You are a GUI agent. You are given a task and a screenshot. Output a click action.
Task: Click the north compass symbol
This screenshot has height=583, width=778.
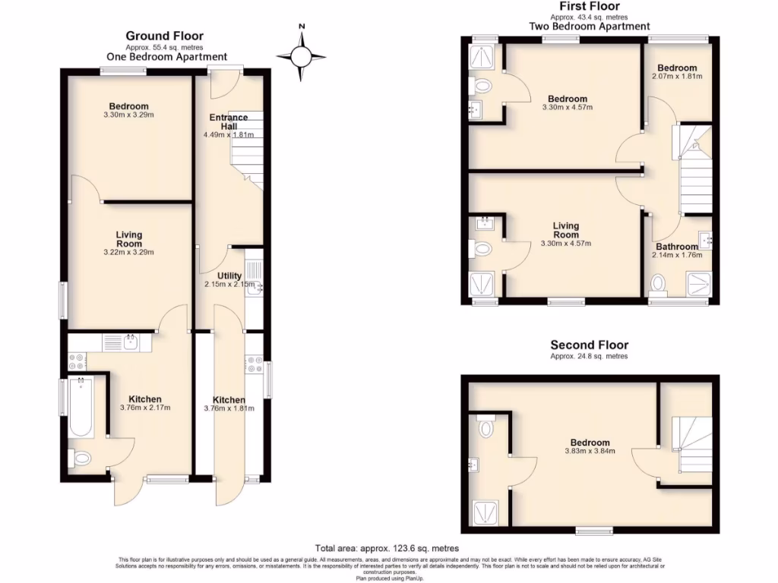302,55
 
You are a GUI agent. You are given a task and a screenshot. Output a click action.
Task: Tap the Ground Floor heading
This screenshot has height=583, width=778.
164,36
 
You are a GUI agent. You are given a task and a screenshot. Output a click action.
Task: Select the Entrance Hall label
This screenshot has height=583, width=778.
228,121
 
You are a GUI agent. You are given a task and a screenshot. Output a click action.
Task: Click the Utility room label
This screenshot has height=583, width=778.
229,276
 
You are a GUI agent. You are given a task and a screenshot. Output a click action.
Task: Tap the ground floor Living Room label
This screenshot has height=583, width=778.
129,239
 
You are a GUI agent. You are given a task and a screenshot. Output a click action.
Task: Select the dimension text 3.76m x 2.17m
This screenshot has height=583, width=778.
144,408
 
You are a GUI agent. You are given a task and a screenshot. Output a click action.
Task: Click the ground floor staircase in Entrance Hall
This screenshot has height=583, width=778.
247,152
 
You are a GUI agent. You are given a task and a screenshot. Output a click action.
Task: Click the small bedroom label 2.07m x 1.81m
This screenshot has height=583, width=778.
677,77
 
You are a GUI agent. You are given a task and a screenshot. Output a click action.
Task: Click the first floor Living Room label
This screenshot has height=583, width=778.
565,230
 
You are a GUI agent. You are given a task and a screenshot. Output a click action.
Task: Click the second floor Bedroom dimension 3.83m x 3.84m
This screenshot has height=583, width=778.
590,451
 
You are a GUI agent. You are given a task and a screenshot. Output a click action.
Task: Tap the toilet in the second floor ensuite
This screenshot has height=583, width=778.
486,429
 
